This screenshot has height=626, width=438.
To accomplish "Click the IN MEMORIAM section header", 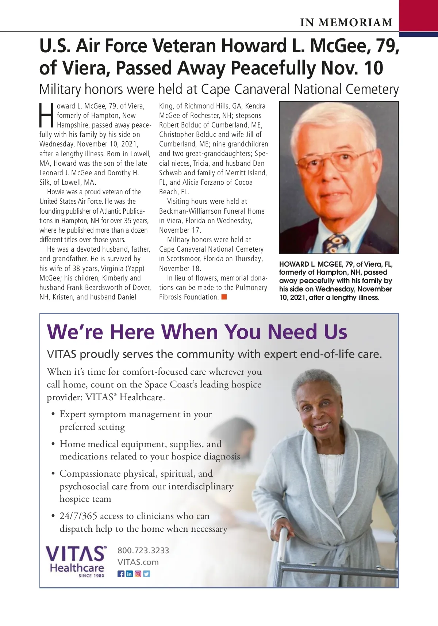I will pos(346,23).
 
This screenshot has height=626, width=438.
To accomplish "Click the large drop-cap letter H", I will pos(47,115).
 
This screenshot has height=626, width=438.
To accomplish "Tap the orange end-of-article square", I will pos(224,297).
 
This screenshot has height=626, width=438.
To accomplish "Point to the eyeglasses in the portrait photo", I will pos(338,159).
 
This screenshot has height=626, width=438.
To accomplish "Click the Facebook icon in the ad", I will pos(121,574).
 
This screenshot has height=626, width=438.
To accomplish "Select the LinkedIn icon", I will pos(129,574).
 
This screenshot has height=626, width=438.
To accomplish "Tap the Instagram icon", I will pos(138,574).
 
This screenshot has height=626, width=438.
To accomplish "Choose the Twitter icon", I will pos(146,574).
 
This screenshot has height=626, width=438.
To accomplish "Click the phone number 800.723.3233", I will pos(143,550).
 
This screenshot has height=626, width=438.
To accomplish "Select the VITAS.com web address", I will pos(138,562).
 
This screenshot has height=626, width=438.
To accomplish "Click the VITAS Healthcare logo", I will pos(76,559).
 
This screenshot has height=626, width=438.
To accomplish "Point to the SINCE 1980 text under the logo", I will pos(91,576).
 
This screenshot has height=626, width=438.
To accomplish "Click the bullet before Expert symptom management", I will pos(53,414).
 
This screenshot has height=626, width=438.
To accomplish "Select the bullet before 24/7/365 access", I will pos(53,516).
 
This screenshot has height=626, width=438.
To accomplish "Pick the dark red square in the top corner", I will pos(418,15).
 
